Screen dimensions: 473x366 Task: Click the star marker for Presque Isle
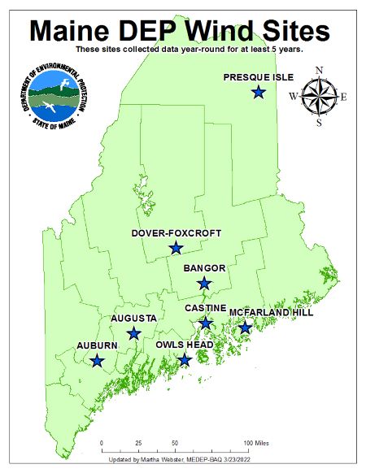pyautogui.click(x=258, y=93)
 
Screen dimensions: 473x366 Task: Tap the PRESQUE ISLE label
pyautogui.click(x=256, y=77)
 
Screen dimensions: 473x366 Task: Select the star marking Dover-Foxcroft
pyautogui.click(x=175, y=248)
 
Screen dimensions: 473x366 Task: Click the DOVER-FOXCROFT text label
pyautogui.click(x=176, y=233)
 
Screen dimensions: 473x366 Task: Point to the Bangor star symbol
pyautogui.click(x=204, y=283)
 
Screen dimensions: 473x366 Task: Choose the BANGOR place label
pyautogui.click(x=204, y=267)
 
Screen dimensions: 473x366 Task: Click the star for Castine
pyautogui.click(x=206, y=323)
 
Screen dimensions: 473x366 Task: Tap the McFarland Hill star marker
pyautogui.click(x=245, y=328)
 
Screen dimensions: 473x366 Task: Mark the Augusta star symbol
pyautogui.click(x=134, y=333)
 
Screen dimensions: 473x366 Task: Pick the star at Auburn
pyautogui.click(x=98, y=360)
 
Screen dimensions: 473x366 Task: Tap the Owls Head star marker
pyautogui.click(x=185, y=359)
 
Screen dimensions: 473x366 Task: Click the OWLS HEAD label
pyautogui.click(x=184, y=345)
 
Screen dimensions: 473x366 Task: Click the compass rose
pyautogui.click(x=319, y=97)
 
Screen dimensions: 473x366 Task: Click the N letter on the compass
pyautogui.click(x=319, y=70)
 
